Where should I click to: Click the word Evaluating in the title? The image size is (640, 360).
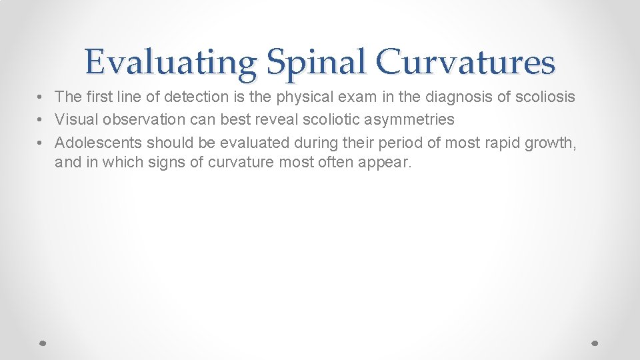click(171, 63)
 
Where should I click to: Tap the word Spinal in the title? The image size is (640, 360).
click(315, 63)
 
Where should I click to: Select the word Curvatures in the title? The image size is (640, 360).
click(465, 63)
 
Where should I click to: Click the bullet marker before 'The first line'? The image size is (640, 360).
click(41, 97)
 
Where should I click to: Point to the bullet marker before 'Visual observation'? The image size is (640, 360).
click(41, 120)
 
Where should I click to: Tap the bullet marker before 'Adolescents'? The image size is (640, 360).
click(41, 143)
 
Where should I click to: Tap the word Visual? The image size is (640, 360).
click(75, 119)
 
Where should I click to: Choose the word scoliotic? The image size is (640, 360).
click(330, 119)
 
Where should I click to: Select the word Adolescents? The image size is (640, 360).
click(98, 142)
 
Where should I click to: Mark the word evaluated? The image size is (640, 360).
click(249, 142)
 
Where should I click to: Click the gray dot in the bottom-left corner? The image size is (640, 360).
click(42, 343)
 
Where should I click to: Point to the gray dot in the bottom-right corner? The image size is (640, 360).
click(595, 343)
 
